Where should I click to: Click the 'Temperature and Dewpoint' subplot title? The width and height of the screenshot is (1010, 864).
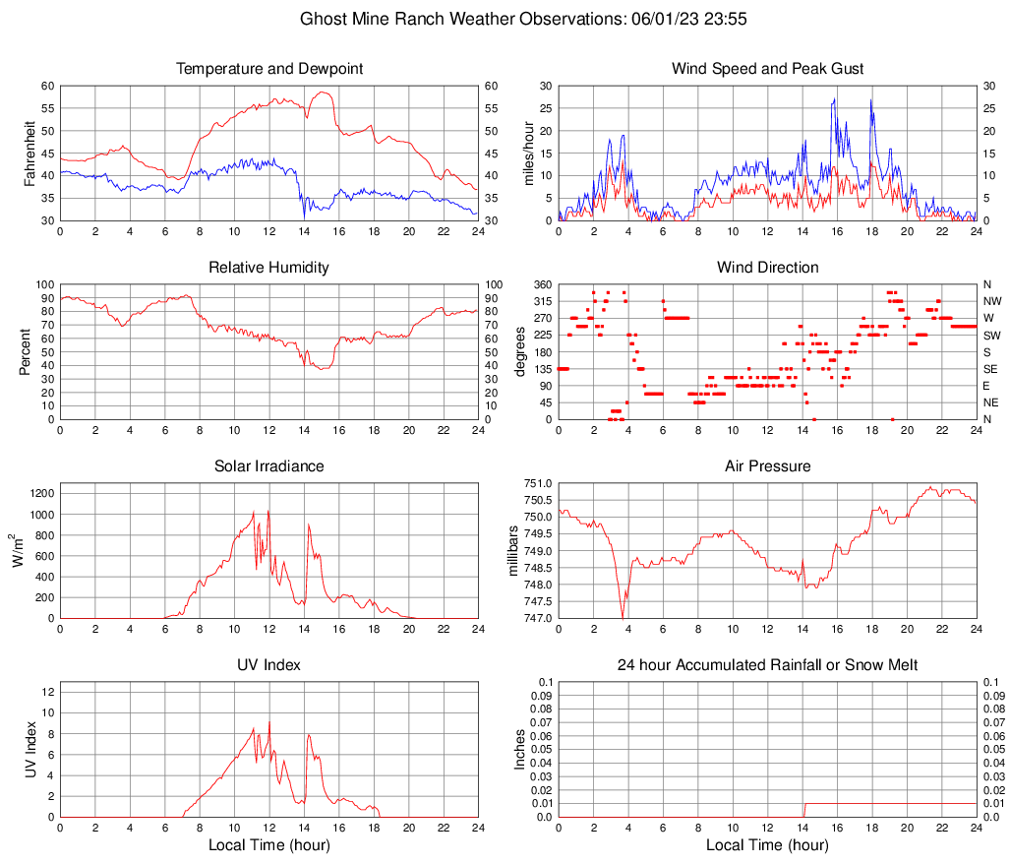(269, 69)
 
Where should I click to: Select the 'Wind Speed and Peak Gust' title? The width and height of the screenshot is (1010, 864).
(767, 69)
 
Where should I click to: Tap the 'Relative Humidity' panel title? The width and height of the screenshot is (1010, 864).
(269, 268)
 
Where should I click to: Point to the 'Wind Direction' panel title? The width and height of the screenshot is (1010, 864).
(767, 268)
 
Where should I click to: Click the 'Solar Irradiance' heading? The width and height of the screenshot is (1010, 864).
(269, 465)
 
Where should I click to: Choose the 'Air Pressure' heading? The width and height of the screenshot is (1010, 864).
(767, 465)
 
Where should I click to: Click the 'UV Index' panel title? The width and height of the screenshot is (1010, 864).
(269, 665)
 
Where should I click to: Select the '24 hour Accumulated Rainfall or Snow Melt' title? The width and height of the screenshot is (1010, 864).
(767, 665)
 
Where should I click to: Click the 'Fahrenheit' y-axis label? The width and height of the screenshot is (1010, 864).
(30, 153)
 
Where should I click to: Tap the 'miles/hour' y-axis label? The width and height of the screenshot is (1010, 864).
(528, 153)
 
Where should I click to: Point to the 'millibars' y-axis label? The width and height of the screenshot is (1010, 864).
(512, 550)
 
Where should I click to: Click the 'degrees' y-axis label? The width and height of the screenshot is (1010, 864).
(520, 351)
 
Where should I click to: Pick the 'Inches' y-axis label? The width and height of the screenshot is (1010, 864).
(520, 749)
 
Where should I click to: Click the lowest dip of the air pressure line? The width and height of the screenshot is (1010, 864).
(623, 617)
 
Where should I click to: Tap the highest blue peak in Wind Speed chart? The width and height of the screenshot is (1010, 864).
(835, 98)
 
